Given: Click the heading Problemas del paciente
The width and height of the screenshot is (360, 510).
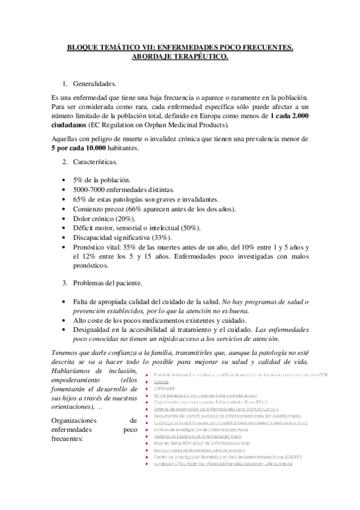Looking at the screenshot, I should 107,283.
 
